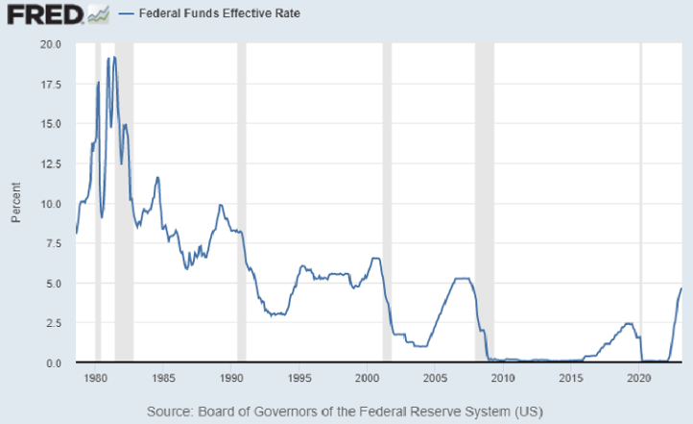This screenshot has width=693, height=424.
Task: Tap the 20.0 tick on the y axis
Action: pyautogui.click(x=50, y=44)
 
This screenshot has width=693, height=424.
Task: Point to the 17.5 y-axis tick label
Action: pyautogui.click(x=50, y=85)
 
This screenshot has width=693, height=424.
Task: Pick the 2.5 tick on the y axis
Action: pyautogui.click(x=54, y=324)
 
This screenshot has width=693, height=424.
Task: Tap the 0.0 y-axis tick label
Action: pyautogui.click(x=54, y=363)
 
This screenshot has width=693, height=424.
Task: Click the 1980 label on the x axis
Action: pyautogui.click(x=95, y=378)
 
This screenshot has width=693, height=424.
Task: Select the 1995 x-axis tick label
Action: pyautogui.click(x=299, y=378)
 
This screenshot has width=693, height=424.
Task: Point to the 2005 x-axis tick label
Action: pyautogui.click(x=436, y=378)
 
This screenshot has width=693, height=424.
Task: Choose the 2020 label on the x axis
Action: pyautogui.click(x=640, y=378)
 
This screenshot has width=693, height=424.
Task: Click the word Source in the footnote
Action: pyautogui.click(x=169, y=412)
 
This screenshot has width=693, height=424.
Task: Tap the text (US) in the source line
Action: pyautogui.click(x=525, y=412)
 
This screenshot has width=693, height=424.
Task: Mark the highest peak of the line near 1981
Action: pyautogui.click(x=114, y=58)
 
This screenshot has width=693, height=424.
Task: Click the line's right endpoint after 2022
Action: pyautogui.click(x=681, y=288)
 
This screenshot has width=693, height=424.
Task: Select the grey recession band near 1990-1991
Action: pyautogui.click(x=241, y=204)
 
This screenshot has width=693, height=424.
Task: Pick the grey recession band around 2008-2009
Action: pyautogui.click(x=484, y=204)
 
